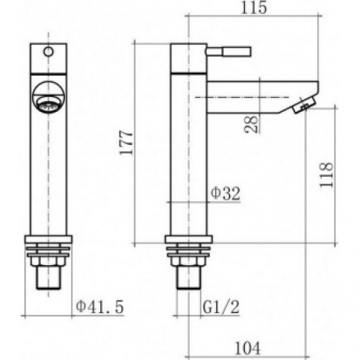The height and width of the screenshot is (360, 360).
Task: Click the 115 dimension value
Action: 254,8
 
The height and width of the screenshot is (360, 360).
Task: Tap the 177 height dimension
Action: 126,143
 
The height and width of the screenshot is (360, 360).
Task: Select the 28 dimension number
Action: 251,124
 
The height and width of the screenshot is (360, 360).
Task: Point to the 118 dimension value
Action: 326,175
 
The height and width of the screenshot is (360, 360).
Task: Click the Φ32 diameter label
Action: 225,193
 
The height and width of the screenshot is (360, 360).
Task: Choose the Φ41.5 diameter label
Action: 100,307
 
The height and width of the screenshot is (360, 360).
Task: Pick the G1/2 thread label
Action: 221,307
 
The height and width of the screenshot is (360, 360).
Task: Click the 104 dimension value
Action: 248,347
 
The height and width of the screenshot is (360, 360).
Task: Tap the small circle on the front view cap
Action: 49,52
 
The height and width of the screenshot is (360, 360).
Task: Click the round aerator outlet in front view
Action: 49,97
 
